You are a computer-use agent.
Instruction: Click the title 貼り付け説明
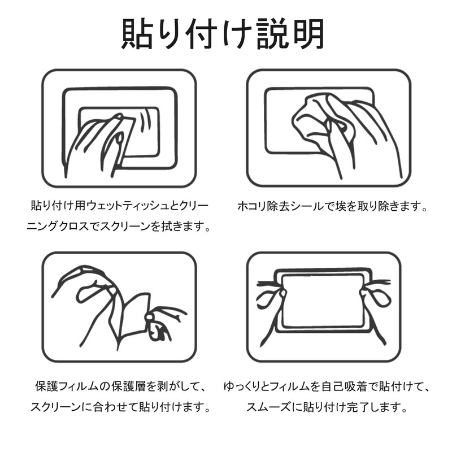click(x=223, y=34)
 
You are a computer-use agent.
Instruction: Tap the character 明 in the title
click(x=308, y=34)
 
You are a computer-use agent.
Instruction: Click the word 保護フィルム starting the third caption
click(x=67, y=386)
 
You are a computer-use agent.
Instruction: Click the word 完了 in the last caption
click(x=357, y=407)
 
